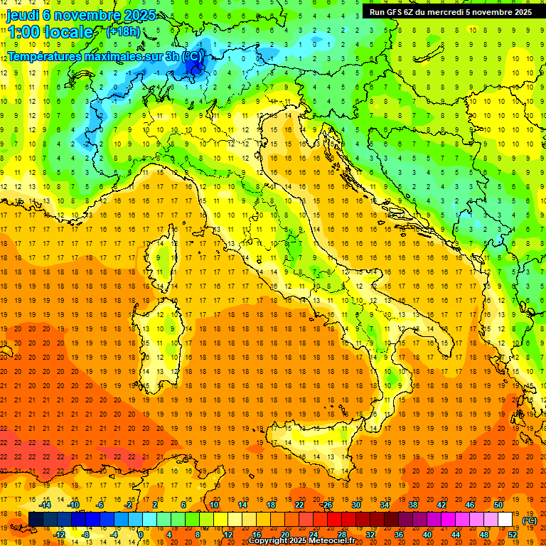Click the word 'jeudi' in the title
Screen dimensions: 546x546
[x=23, y=15]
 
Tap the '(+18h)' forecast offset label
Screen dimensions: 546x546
[x=123, y=31]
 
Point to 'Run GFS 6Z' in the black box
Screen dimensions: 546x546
[x=397, y=12]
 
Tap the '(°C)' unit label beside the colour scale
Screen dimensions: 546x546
[x=530, y=520]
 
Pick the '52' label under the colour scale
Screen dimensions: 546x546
[x=513, y=534]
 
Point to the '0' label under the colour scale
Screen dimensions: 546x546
[x=141, y=534]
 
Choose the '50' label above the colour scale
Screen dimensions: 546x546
[x=498, y=505]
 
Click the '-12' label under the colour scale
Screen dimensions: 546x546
[x=60, y=534]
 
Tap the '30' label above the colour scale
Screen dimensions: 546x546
[x=355, y=505]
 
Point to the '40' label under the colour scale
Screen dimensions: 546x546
[x=427, y=534]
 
